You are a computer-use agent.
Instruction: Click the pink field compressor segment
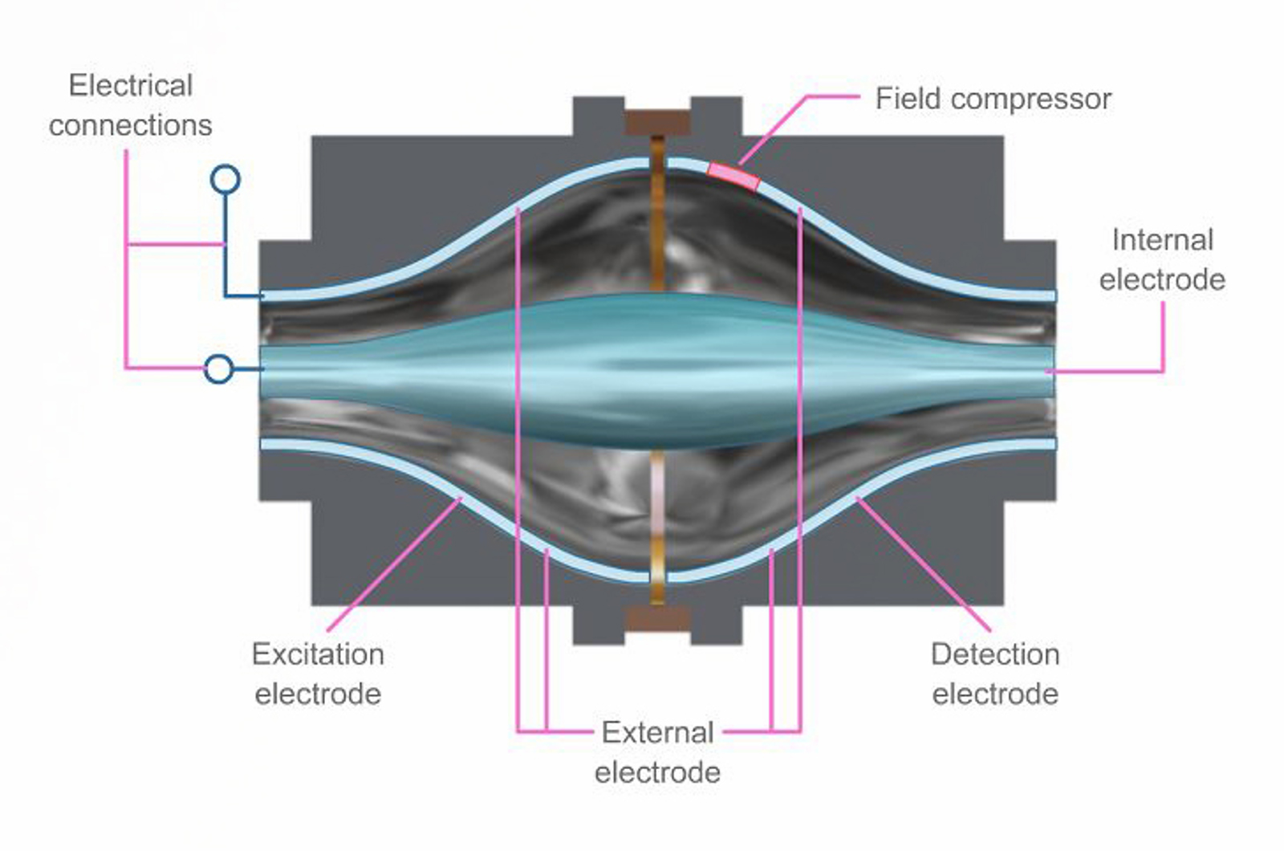click(x=733, y=176)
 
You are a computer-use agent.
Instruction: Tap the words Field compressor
click(x=993, y=99)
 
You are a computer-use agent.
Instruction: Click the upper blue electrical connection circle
click(x=226, y=179)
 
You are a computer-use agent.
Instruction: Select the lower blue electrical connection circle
click(x=219, y=369)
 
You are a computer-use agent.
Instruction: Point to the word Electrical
click(x=131, y=85)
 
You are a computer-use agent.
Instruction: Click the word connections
click(x=131, y=125)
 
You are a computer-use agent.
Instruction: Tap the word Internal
click(x=1162, y=240)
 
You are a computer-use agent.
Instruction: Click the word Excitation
click(x=318, y=654)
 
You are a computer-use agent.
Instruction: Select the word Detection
click(x=995, y=654)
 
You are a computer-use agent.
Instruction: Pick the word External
click(x=658, y=732)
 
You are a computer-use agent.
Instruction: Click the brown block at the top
click(x=657, y=123)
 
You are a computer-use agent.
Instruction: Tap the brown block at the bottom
click(x=657, y=618)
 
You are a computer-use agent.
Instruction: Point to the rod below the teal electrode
click(x=657, y=522)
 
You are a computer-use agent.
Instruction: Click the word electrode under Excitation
click(x=318, y=694)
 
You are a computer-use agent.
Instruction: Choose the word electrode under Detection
click(x=995, y=694)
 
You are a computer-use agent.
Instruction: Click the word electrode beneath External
click(x=657, y=772)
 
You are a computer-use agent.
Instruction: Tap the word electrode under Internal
click(x=1162, y=279)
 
